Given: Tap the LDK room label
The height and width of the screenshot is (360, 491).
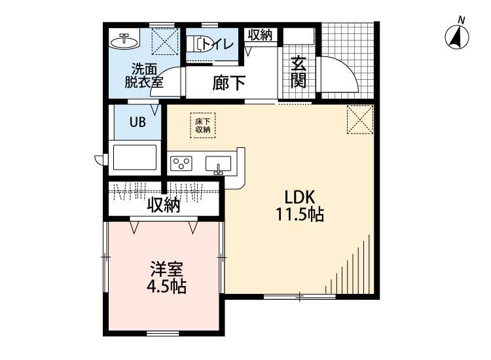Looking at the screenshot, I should click(300, 197).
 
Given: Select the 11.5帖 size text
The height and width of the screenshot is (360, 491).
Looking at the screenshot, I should click(300, 214).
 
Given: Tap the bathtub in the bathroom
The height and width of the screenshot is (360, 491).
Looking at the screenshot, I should click(136, 158).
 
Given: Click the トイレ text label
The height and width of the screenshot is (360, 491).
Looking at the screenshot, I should click(214, 44).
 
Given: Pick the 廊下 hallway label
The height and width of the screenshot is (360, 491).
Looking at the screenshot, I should click(228, 83).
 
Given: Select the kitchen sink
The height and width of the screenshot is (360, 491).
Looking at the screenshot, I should click(219, 164).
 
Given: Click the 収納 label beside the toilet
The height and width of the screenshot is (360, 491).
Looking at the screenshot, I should click(260, 35).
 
